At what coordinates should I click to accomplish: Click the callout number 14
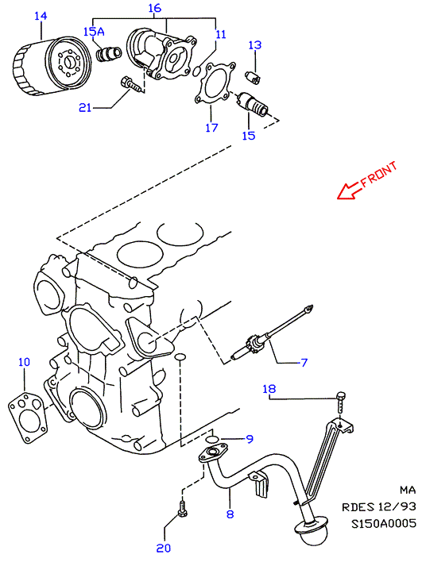pyautogui.click(x=41, y=16)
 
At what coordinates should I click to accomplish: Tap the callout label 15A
pyautogui.click(x=94, y=32)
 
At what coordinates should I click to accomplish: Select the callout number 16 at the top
pyautogui.click(x=155, y=8)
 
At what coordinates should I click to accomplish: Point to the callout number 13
pyautogui.click(x=255, y=45)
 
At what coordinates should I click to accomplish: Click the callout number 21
pyautogui.click(x=85, y=107)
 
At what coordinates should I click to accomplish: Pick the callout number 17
pyautogui.click(x=211, y=128)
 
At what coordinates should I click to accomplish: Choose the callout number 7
pyautogui.click(x=304, y=363)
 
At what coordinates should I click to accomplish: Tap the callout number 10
pyautogui.click(x=24, y=362)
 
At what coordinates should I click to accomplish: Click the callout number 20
pyautogui.click(x=164, y=548)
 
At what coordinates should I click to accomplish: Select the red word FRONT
pyautogui.click(x=379, y=174)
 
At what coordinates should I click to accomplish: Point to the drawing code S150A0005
pyautogui.click(x=384, y=524)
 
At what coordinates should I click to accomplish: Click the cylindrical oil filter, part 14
pyautogui.click(x=52, y=66)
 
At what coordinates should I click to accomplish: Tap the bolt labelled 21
pyautogui.click(x=131, y=85)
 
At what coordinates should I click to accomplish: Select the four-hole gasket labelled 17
pyautogui.click(x=215, y=83)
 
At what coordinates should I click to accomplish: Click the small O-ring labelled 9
pyautogui.click(x=212, y=440)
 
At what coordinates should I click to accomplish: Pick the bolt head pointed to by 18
pyautogui.click(x=341, y=396)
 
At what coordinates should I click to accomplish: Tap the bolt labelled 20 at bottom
pyautogui.click(x=183, y=510)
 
